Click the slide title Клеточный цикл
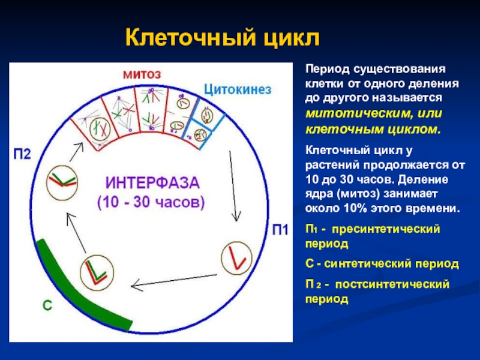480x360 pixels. point(223,39)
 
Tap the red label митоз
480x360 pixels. point(142,74)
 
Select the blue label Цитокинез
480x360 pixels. point(238,89)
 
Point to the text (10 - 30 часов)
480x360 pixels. point(151,202)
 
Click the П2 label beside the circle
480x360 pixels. point(22,154)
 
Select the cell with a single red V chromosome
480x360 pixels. point(235,259)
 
